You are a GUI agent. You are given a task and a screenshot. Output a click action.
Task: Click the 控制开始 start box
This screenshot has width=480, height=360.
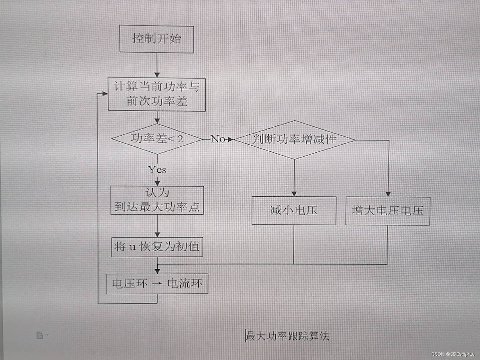(x=157, y=39)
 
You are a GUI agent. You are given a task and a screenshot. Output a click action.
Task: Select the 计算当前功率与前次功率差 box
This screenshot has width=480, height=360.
(x=157, y=94)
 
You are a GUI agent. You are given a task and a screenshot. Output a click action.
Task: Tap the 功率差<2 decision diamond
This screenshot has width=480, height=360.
(x=157, y=139)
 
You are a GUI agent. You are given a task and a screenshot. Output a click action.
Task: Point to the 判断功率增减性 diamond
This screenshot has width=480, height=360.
(x=294, y=140)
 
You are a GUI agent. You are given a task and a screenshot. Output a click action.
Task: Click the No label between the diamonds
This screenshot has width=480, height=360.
(x=218, y=139)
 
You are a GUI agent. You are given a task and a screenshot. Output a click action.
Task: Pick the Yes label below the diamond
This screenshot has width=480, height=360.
(x=157, y=170)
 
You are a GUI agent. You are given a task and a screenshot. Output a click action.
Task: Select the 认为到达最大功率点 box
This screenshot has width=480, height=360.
(x=157, y=200)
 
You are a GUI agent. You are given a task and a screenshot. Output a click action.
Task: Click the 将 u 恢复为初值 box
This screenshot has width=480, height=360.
(x=157, y=247)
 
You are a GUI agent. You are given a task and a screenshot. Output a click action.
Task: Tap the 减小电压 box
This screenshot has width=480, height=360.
(x=294, y=210)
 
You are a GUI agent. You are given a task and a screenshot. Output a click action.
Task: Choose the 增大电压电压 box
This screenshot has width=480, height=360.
(x=388, y=211)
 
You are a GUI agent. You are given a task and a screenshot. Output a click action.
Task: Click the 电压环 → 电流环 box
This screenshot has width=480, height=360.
(x=157, y=284)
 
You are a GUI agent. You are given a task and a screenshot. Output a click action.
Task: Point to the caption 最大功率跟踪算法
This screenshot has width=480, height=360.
(x=287, y=336)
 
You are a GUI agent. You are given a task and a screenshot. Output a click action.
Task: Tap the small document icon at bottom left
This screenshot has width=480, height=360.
(x=40, y=335)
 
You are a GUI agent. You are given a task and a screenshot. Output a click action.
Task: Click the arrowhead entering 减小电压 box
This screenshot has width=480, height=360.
(x=294, y=194)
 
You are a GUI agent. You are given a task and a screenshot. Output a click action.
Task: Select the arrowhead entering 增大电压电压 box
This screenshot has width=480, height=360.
(x=388, y=194)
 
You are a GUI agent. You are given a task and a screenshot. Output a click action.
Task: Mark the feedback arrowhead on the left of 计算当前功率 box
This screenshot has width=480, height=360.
(x=105, y=94)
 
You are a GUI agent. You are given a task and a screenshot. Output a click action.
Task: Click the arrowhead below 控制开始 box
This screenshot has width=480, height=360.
(x=157, y=75)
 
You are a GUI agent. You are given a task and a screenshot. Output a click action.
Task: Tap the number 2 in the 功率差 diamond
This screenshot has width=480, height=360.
(x=180, y=139)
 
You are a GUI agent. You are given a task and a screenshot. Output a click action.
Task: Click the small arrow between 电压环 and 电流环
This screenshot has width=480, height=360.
(x=157, y=284)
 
